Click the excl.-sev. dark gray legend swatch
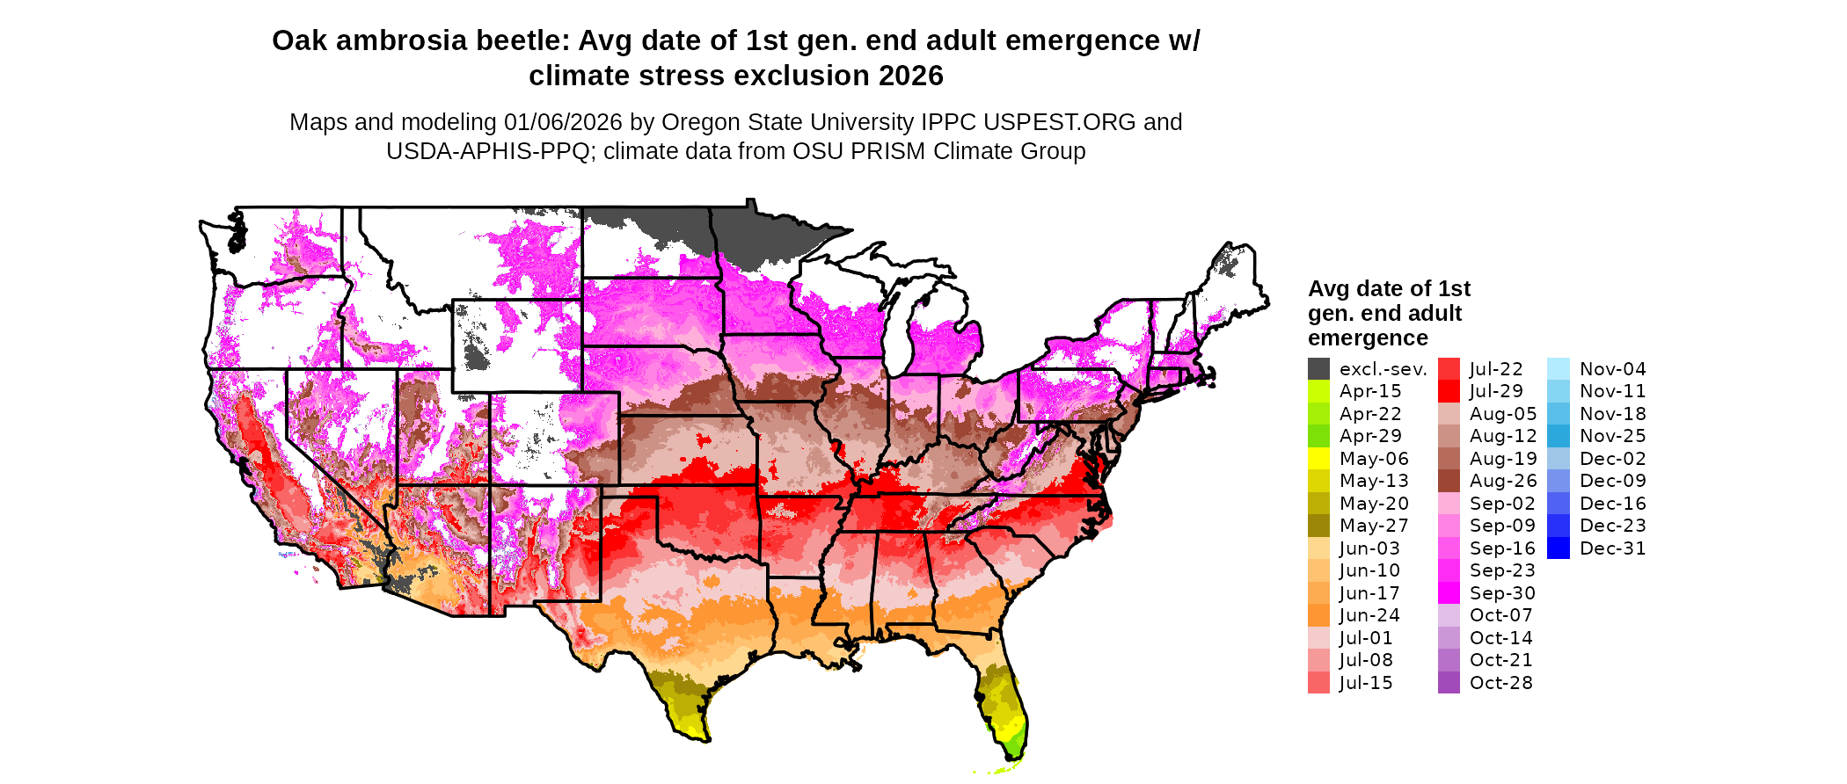coord(1318,369)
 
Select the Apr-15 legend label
coord(1369,391)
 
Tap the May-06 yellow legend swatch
coord(1318,459)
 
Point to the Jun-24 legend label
coord(1369,615)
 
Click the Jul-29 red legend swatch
coord(1449,391)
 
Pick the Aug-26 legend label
coord(1503,481)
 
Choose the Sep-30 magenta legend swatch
coord(1449,593)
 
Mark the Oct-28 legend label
coord(1500,683)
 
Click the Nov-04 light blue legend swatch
coord(1558,369)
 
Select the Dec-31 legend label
coord(1612,548)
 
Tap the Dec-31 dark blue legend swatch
coord(1558,548)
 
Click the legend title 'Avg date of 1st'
coord(1389,289)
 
